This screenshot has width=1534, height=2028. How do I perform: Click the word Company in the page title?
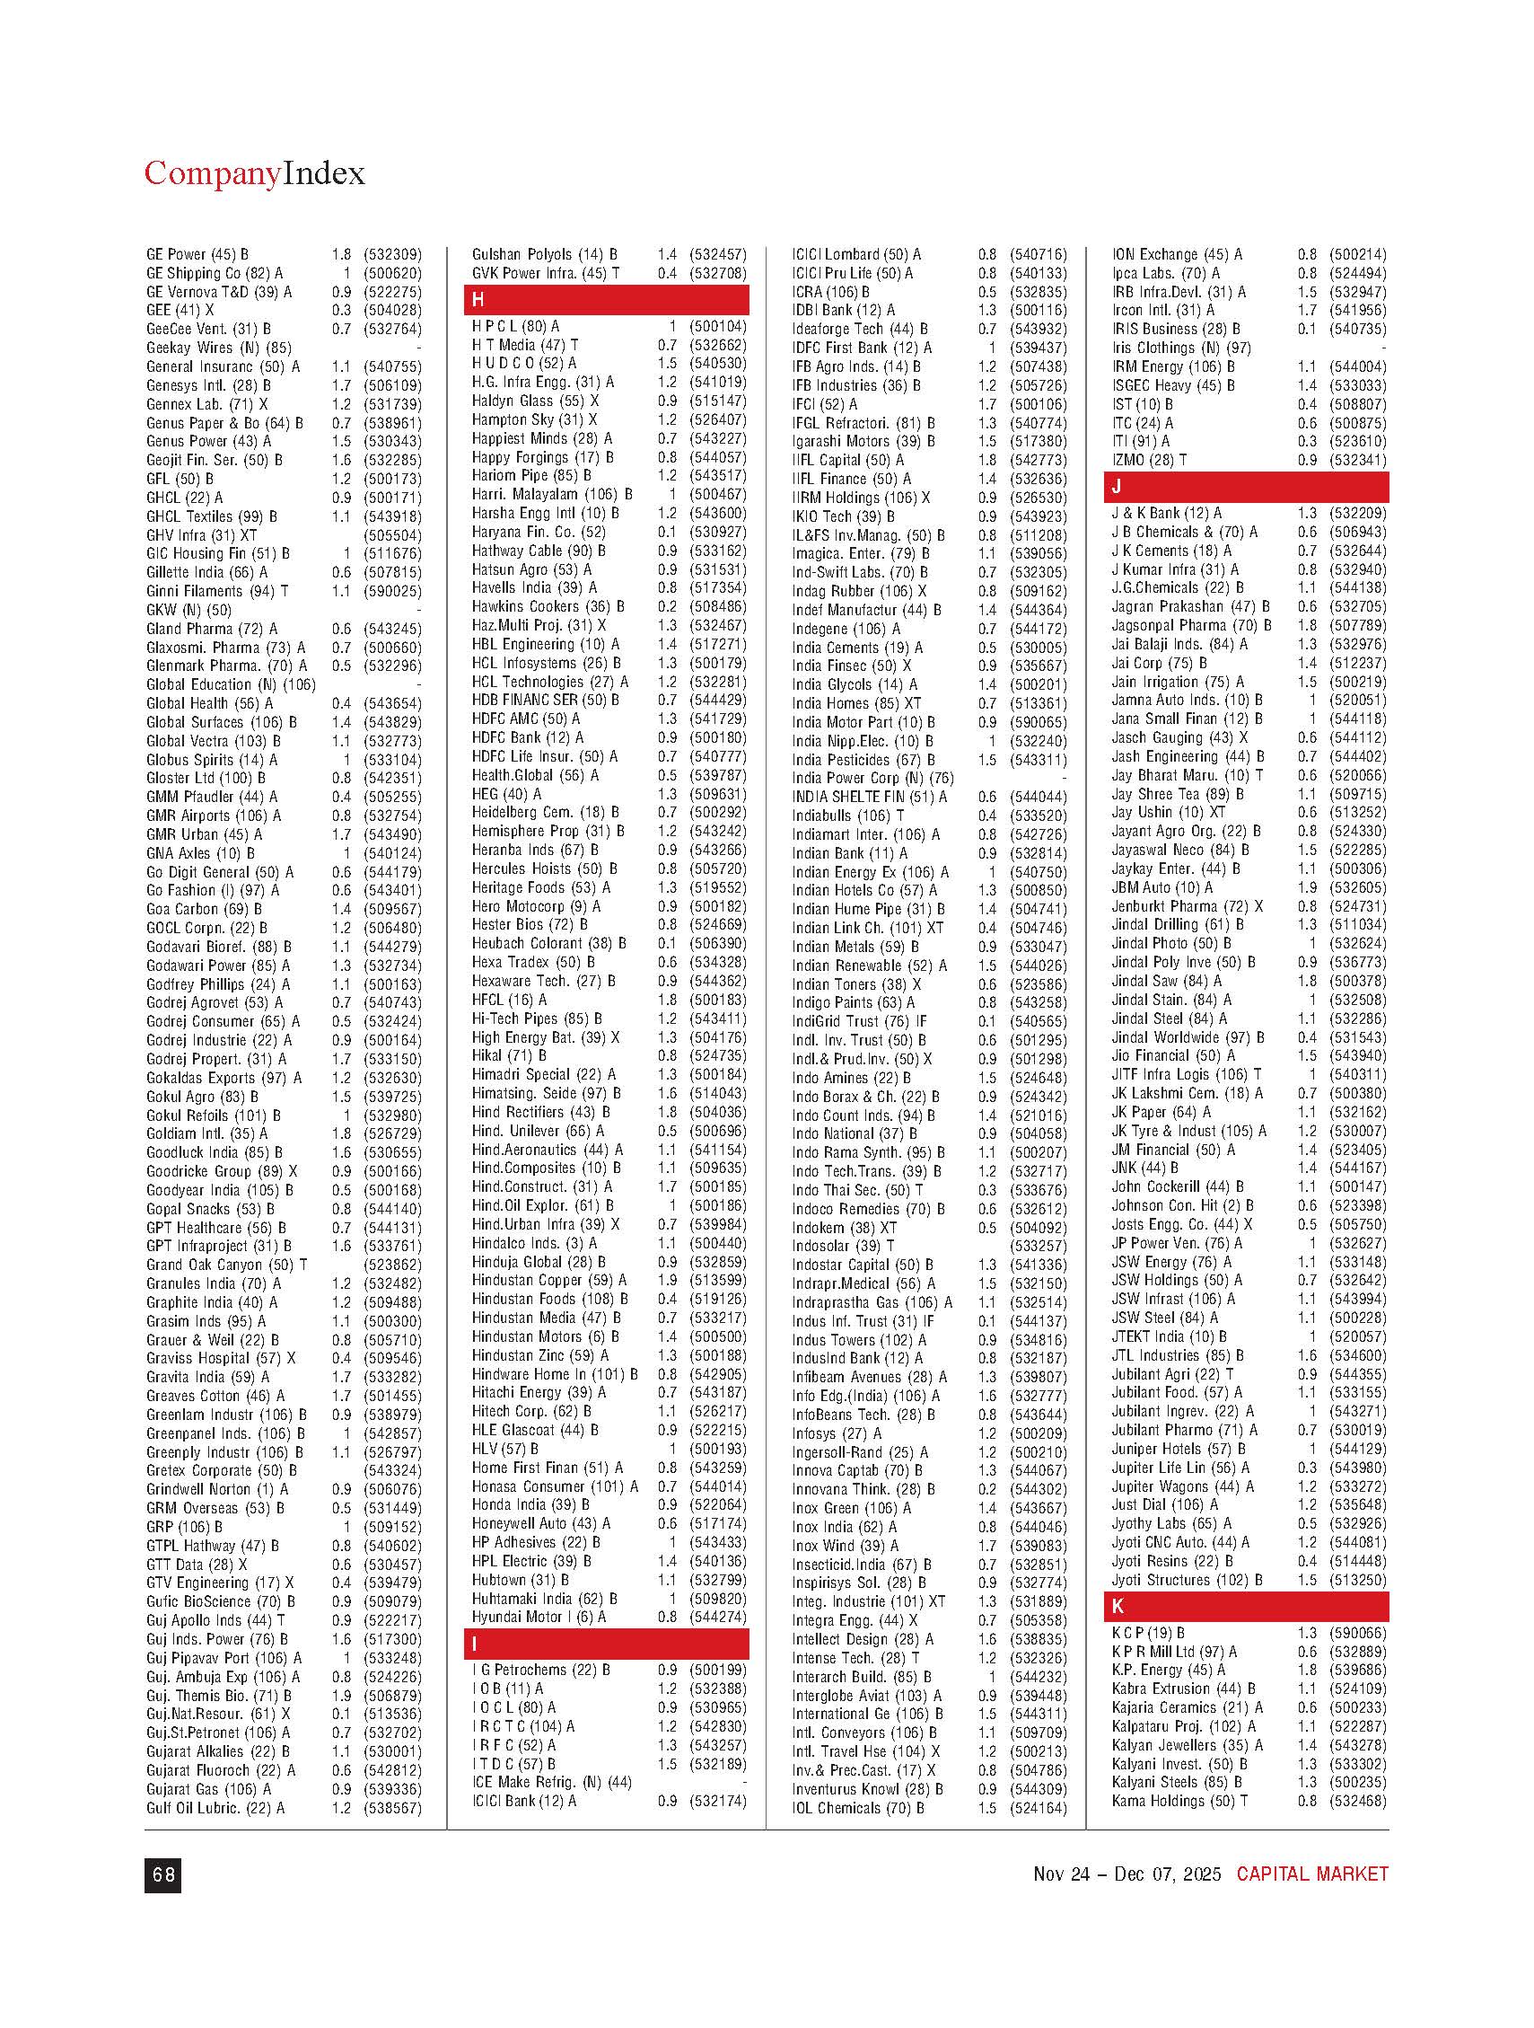[212, 173]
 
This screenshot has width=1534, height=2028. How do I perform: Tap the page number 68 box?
[162, 1875]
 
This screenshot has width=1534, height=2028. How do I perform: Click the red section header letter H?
[478, 300]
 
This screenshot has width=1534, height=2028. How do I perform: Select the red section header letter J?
[1117, 486]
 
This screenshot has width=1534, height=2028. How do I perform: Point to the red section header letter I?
[475, 1644]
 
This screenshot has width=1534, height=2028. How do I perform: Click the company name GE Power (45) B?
[197, 254]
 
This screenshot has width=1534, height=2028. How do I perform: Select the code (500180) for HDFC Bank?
[717, 737]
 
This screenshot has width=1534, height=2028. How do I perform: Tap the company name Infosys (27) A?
[837, 1433]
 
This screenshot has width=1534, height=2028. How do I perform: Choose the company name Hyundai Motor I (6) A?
[538, 1617]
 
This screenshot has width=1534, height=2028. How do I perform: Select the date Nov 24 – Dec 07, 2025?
[1126, 1874]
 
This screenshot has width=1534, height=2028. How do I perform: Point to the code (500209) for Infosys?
[1039, 1433]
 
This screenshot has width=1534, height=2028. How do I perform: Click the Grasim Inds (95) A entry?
[206, 1321]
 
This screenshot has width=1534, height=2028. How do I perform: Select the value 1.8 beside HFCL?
[667, 1000]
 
